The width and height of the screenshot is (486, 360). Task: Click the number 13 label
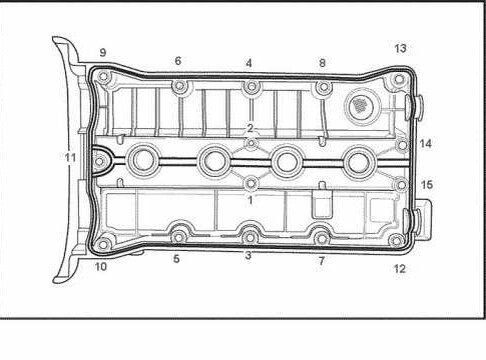click(400, 48)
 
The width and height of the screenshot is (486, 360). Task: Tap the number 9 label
click(103, 52)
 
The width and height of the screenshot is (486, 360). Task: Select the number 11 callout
click(70, 157)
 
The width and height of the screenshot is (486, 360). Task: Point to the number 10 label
click(101, 266)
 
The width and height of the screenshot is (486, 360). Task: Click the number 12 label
click(399, 268)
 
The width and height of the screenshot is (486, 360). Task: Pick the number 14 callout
click(425, 144)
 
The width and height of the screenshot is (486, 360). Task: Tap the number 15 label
click(427, 185)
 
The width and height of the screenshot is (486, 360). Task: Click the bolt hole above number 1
click(250, 183)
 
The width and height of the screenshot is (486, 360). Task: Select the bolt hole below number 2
click(251, 143)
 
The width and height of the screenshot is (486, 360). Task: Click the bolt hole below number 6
click(179, 87)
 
